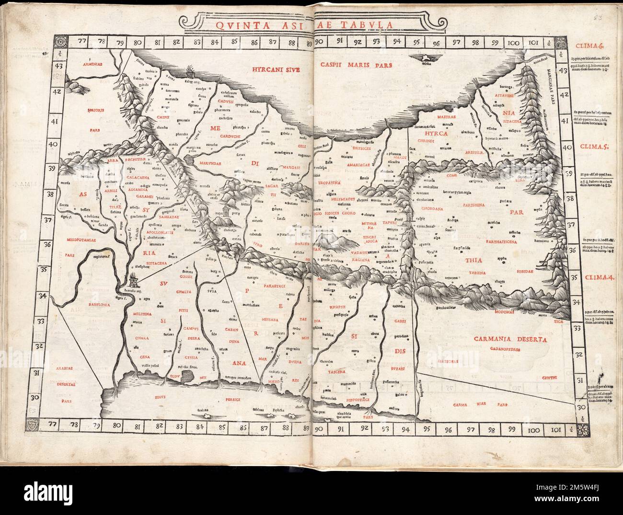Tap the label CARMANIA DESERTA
click(510, 339)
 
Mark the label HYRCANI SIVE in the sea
click(272, 69)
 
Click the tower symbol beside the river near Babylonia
click(136, 278)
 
